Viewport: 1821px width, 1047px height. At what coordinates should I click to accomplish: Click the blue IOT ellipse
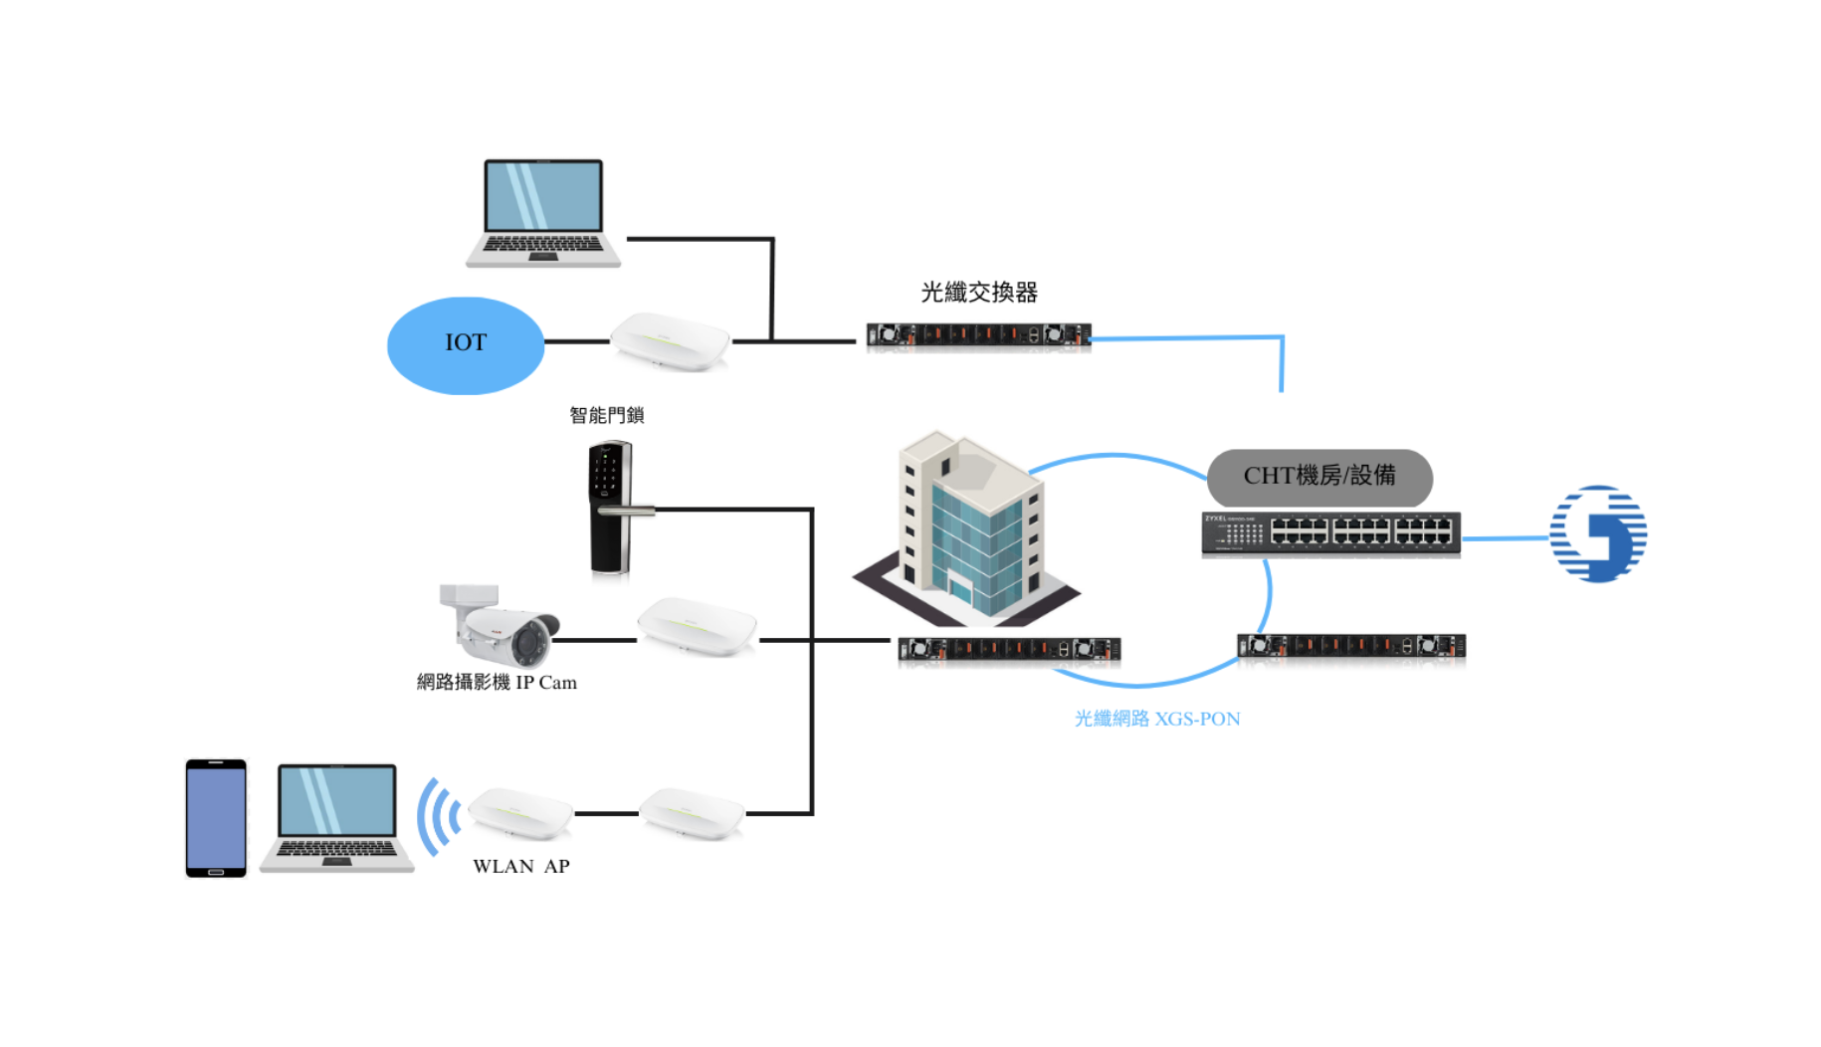(465, 344)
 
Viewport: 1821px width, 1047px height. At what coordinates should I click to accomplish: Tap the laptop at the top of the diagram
(543, 213)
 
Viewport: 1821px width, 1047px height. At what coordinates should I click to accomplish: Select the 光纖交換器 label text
(979, 292)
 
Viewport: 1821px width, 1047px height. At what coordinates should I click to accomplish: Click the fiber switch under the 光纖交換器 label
(978, 336)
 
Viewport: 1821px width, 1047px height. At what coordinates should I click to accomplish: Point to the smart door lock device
(611, 508)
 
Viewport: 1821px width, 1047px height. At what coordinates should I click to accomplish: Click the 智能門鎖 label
(606, 415)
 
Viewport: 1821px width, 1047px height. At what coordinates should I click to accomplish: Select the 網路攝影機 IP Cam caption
(496, 682)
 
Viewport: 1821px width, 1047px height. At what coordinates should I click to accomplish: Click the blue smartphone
(216, 818)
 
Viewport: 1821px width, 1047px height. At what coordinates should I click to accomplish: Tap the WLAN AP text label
(520, 866)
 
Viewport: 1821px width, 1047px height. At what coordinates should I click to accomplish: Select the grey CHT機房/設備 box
(1319, 477)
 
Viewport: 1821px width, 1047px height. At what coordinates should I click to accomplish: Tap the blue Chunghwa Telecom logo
(1598, 533)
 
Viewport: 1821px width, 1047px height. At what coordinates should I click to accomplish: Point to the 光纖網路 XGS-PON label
(1156, 719)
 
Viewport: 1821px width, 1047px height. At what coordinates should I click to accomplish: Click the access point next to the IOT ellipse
(670, 341)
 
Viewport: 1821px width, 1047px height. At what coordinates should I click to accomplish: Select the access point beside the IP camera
(697, 626)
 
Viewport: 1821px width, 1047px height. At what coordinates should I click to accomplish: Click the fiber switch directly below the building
(1009, 650)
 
